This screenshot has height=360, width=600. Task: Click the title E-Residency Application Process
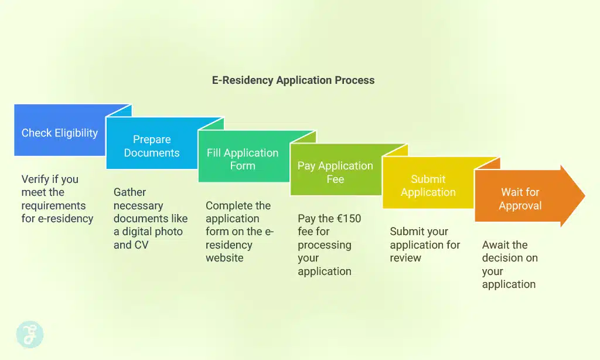(293, 80)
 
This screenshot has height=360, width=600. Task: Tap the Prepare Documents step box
(152, 146)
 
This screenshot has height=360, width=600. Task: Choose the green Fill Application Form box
(243, 159)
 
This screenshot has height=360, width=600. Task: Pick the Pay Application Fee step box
(335, 172)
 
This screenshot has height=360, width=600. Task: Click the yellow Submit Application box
(428, 186)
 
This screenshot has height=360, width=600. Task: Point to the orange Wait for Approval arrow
(520, 199)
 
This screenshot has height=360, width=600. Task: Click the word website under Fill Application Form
(224, 257)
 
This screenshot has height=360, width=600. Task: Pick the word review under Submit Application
(405, 257)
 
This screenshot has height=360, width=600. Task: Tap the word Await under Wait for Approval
(497, 244)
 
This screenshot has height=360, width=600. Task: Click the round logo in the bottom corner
(29, 334)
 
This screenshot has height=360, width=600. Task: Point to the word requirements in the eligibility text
(53, 205)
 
